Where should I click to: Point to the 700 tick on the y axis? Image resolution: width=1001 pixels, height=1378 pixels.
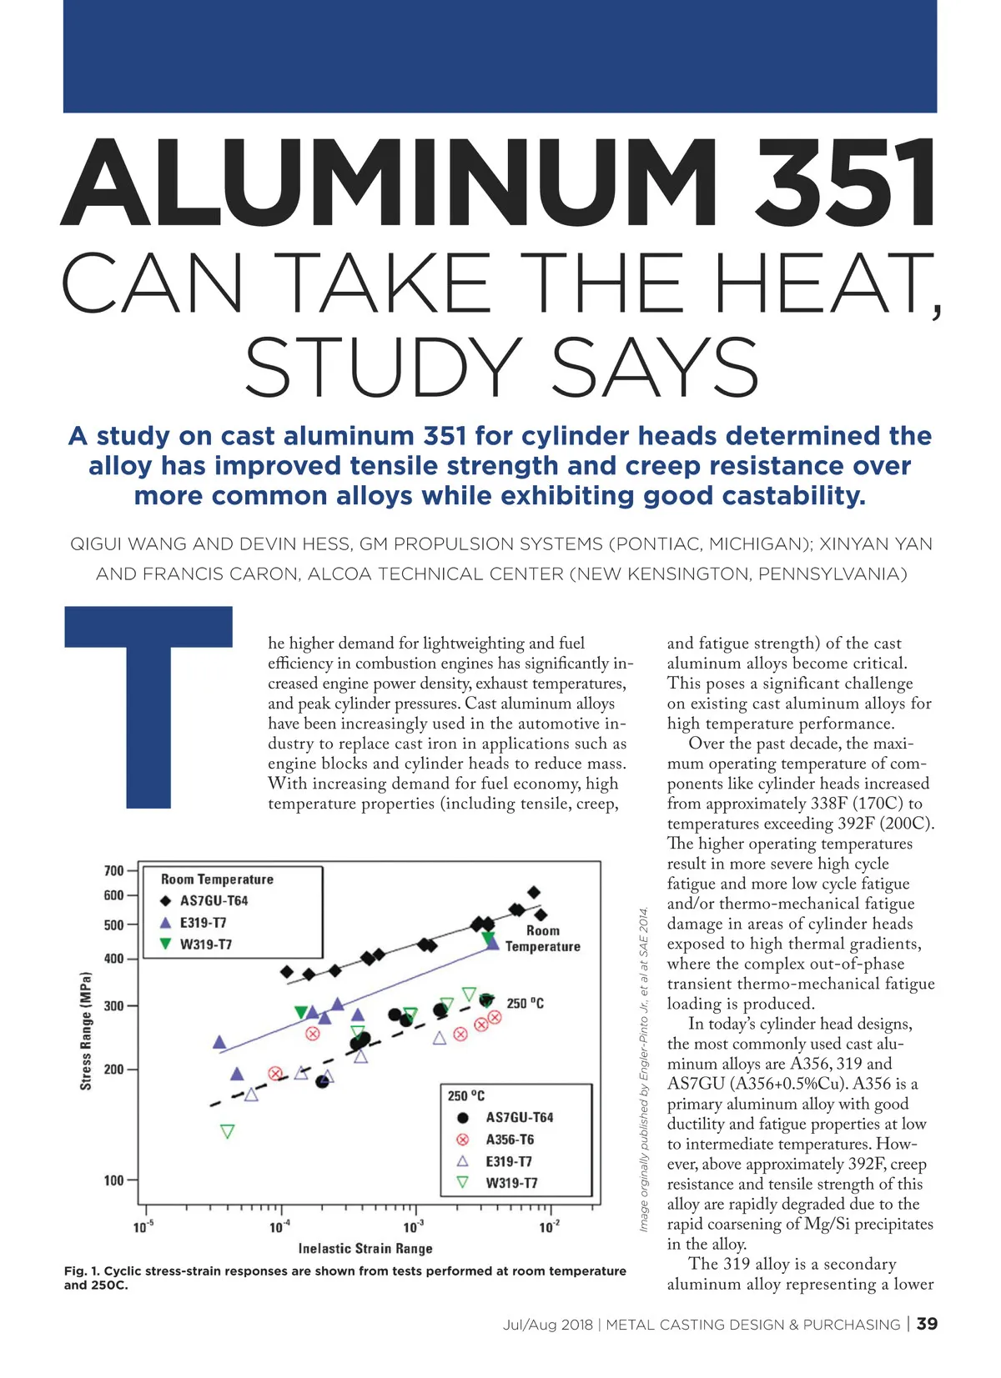click(114, 871)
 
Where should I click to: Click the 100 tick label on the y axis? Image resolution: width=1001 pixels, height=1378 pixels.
click(114, 1180)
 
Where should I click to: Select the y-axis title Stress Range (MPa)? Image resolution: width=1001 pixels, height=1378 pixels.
click(86, 1030)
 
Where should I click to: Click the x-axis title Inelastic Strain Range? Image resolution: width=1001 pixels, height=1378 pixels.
click(365, 1249)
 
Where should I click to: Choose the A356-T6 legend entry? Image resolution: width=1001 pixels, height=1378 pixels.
click(509, 1140)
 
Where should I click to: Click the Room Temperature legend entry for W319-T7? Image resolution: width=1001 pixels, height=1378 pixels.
click(205, 945)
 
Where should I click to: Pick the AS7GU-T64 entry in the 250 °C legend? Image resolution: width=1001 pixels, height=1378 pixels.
click(519, 1118)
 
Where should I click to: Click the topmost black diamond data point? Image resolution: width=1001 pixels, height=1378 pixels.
click(534, 893)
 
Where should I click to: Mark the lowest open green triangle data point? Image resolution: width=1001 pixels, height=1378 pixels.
click(227, 1131)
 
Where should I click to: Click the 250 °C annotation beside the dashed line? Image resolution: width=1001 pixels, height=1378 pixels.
click(525, 1004)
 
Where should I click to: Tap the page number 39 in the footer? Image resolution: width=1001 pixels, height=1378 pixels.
click(927, 1324)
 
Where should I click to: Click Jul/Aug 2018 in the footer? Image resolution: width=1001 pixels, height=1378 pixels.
click(547, 1325)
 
